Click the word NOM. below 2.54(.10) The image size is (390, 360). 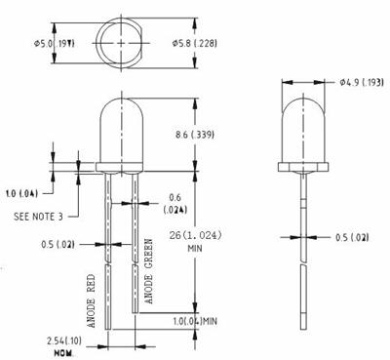[37, 350]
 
